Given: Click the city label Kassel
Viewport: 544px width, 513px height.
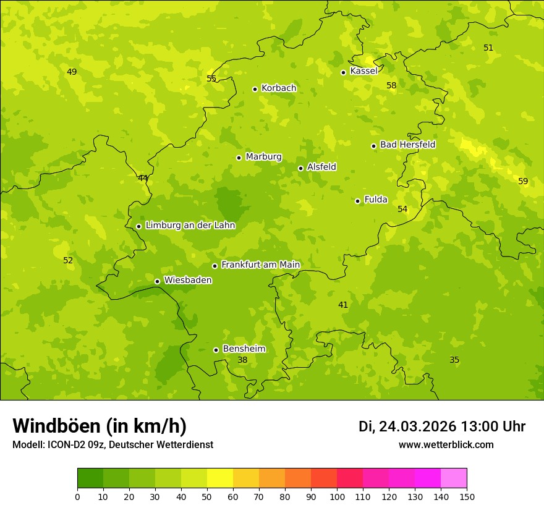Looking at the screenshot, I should tap(363, 71).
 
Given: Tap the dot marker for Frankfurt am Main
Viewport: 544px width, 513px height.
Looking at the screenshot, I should tap(215, 266).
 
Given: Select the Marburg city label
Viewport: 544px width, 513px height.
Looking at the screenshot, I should tap(263, 157).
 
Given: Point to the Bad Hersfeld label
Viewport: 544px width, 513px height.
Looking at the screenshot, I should tap(407, 145).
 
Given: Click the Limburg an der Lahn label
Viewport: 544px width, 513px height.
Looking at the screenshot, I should tap(190, 226).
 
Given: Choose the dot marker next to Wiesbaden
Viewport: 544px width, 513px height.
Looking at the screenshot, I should tap(158, 281).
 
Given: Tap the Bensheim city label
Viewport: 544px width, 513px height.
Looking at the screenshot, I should tap(244, 349).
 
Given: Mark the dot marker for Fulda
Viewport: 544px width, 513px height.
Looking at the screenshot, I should tap(358, 201).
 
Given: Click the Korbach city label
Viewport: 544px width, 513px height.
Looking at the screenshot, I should tap(279, 88).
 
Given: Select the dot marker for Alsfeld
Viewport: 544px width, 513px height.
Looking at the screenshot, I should tap(301, 168).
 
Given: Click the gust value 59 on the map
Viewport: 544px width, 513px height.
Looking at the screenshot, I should tap(523, 181).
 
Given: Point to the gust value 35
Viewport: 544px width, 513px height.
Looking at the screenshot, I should tap(454, 360).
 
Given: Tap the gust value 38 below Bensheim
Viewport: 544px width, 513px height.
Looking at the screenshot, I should tap(242, 360).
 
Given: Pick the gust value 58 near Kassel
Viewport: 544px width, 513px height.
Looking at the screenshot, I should tap(391, 85).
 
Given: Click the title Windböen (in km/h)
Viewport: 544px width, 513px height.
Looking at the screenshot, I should tap(100, 426).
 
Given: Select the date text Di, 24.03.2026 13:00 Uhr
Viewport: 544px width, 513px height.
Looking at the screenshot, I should tap(442, 426).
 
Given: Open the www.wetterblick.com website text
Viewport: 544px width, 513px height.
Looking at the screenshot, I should tap(446, 445).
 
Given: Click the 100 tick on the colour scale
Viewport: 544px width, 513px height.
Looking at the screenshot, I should tap(337, 496).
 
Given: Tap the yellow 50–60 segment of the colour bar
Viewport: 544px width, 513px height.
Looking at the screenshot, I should tap(220, 478).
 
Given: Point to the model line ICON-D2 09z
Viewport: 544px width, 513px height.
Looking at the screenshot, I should tap(113, 445).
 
